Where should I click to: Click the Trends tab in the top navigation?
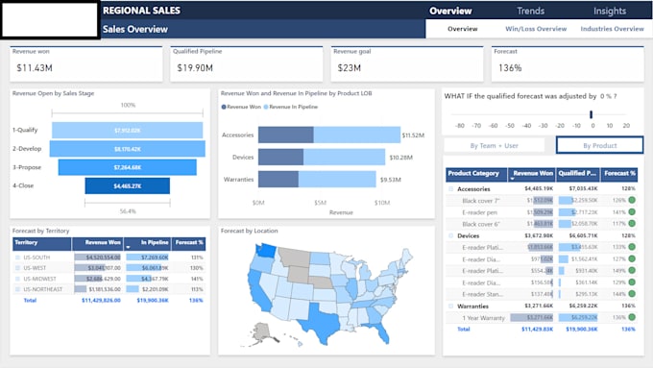click(x=530, y=12)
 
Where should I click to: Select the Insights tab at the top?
click(x=610, y=12)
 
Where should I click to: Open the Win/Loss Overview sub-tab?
click(x=536, y=29)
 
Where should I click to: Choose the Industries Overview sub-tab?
click(x=612, y=29)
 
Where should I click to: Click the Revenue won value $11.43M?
click(x=35, y=68)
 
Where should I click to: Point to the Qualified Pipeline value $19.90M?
click(x=195, y=68)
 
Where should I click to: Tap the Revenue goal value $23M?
click(x=349, y=68)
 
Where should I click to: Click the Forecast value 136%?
click(x=510, y=68)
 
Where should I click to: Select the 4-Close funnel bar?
click(x=128, y=185)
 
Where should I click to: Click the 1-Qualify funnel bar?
click(x=128, y=130)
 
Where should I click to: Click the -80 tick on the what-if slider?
click(x=460, y=126)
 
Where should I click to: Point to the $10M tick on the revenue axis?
click(x=381, y=203)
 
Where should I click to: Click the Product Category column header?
click(x=473, y=174)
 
